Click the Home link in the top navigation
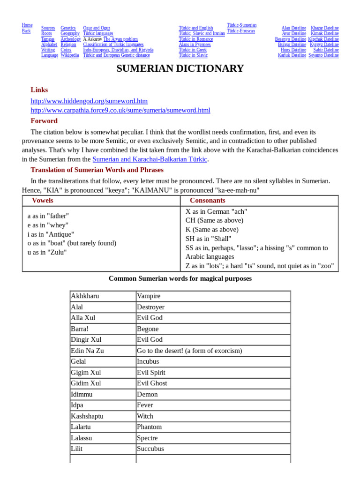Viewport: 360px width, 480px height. pyautogui.click(x=27, y=25)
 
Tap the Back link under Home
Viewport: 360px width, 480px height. pyautogui.click(x=26, y=31)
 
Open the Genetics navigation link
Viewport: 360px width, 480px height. pyautogui.click(x=68, y=28)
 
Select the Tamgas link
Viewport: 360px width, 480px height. pyautogui.click(x=48, y=39)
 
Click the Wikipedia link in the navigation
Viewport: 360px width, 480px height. pyautogui.click(x=70, y=55)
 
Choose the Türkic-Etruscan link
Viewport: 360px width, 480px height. pyautogui.click(x=241, y=31)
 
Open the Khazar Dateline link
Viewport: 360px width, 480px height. pyautogui.click(x=324, y=28)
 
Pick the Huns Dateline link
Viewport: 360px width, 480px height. pyautogui.click(x=293, y=50)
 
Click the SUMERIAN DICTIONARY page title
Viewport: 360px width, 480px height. pyautogui.click(x=180, y=69)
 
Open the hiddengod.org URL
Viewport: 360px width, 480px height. pyautogui.click(x=89, y=101)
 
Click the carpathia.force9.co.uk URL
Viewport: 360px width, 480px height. pyautogui.click(x=120, y=110)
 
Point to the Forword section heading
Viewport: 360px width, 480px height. pyautogui.click(x=44, y=121)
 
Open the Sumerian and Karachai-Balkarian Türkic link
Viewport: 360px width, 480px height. pyautogui.click(x=150, y=159)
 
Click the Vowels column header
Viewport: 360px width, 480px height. pyautogui.click(x=42, y=201)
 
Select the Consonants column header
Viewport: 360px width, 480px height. pyautogui.click(x=207, y=201)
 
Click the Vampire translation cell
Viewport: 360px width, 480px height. pyautogui.click(x=149, y=296)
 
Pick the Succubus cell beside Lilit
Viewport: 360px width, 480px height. pyautogui.click(x=150, y=449)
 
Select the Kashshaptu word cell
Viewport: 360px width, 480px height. pyautogui.click(x=87, y=416)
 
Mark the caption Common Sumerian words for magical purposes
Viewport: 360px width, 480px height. pyautogui.click(x=180, y=278)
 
